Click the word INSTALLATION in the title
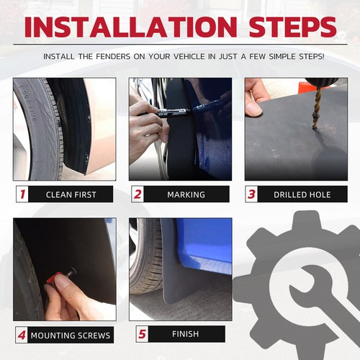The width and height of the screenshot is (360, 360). tap(131, 27)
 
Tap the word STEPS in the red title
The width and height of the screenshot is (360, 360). tap(293, 27)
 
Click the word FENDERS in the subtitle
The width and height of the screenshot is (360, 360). tap(113, 57)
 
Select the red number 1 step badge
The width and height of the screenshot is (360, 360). tap(22, 194)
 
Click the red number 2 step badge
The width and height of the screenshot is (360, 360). tap(138, 194)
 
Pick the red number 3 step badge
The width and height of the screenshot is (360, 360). tap(251, 194)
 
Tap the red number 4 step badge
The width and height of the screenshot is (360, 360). tap(22, 335)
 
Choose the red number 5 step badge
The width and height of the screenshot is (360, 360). tap(143, 334)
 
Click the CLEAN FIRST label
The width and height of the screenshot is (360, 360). tap(71, 194)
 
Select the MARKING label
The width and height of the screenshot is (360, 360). tap(186, 194)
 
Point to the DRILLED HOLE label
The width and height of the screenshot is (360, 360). tap(302, 194)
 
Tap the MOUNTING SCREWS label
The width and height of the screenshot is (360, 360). tap(71, 336)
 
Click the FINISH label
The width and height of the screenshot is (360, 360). tap(185, 334)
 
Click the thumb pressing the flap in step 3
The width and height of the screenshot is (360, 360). tap(253, 109)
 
